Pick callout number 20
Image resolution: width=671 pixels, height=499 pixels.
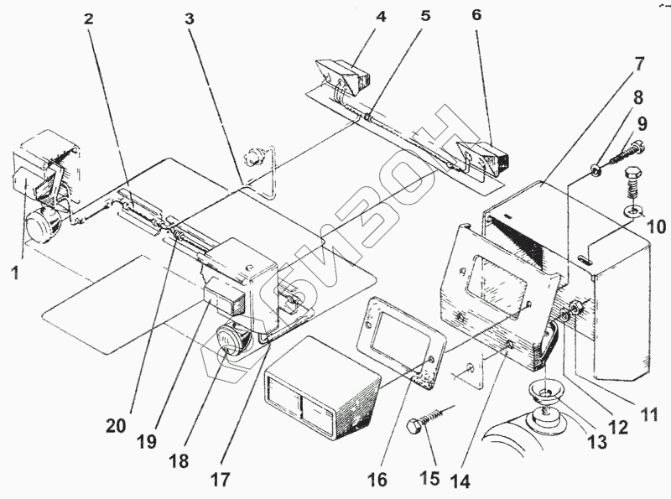tap(116, 425)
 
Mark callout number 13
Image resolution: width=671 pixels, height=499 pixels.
tap(597, 443)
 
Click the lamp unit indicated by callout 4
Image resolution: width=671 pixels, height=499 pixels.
tap(344, 75)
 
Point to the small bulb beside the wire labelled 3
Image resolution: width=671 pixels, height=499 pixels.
tap(253, 155)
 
